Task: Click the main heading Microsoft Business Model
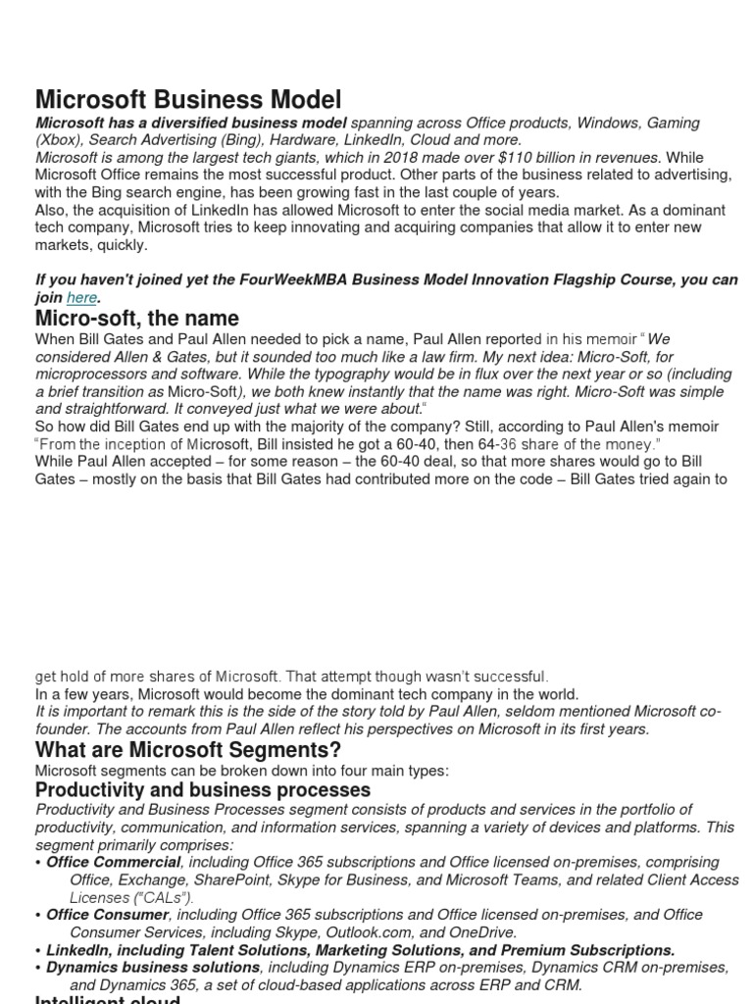188,99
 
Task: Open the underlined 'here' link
81,297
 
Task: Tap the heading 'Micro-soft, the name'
136,319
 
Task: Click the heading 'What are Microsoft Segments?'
188,750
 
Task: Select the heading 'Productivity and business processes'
203,789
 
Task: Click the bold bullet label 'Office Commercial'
114,862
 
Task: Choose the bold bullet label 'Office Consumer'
108,915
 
